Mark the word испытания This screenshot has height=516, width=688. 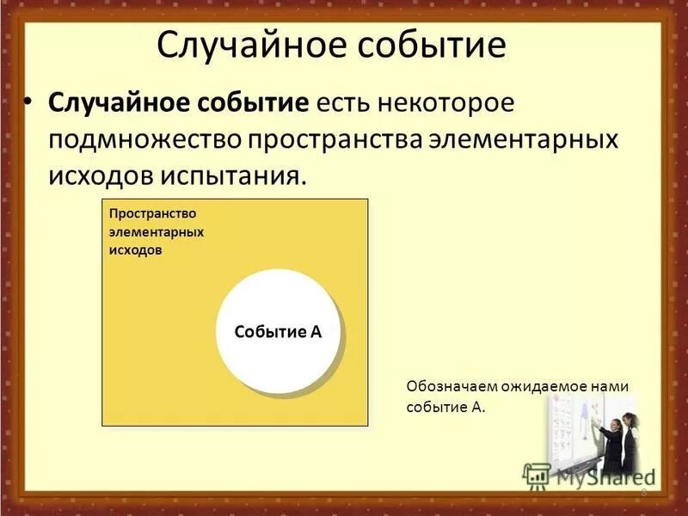pos(230,176)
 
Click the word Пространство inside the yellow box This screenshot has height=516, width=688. pos(151,212)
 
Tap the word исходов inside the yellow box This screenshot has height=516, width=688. pos(135,250)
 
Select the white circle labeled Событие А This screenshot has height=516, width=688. pos(278,332)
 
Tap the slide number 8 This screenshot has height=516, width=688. pos(643,492)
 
